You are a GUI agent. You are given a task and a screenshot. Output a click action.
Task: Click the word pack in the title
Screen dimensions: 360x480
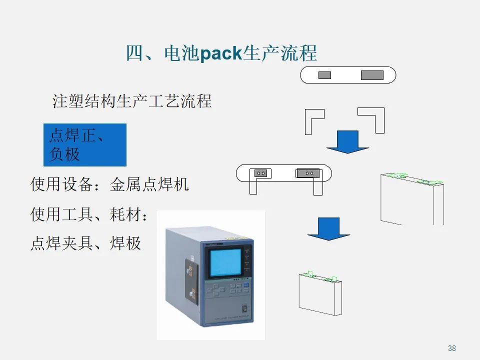click(x=220, y=53)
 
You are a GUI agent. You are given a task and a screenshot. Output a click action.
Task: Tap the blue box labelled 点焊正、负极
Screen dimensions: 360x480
click(x=85, y=145)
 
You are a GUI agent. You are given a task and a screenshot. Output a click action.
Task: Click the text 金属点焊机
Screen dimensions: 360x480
click(x=149, y=185)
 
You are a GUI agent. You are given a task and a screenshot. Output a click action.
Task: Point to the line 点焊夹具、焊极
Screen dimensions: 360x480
click(x=85, y=243)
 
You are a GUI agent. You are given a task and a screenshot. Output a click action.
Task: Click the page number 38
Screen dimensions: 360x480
click(x=452, y=348)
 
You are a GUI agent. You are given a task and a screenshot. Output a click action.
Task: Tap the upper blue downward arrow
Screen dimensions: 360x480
click(x=347, y=141)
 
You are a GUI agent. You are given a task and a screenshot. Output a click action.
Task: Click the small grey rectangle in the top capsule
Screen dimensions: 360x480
click(x=324, y=75)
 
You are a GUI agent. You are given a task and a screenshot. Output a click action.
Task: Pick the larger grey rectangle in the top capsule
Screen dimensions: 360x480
click(x=372, y=75)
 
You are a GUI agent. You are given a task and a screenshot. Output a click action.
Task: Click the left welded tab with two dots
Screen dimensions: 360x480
click(x=261, y=173)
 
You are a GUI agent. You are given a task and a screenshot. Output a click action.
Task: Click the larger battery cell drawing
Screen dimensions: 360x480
click(x=412, y=199)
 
